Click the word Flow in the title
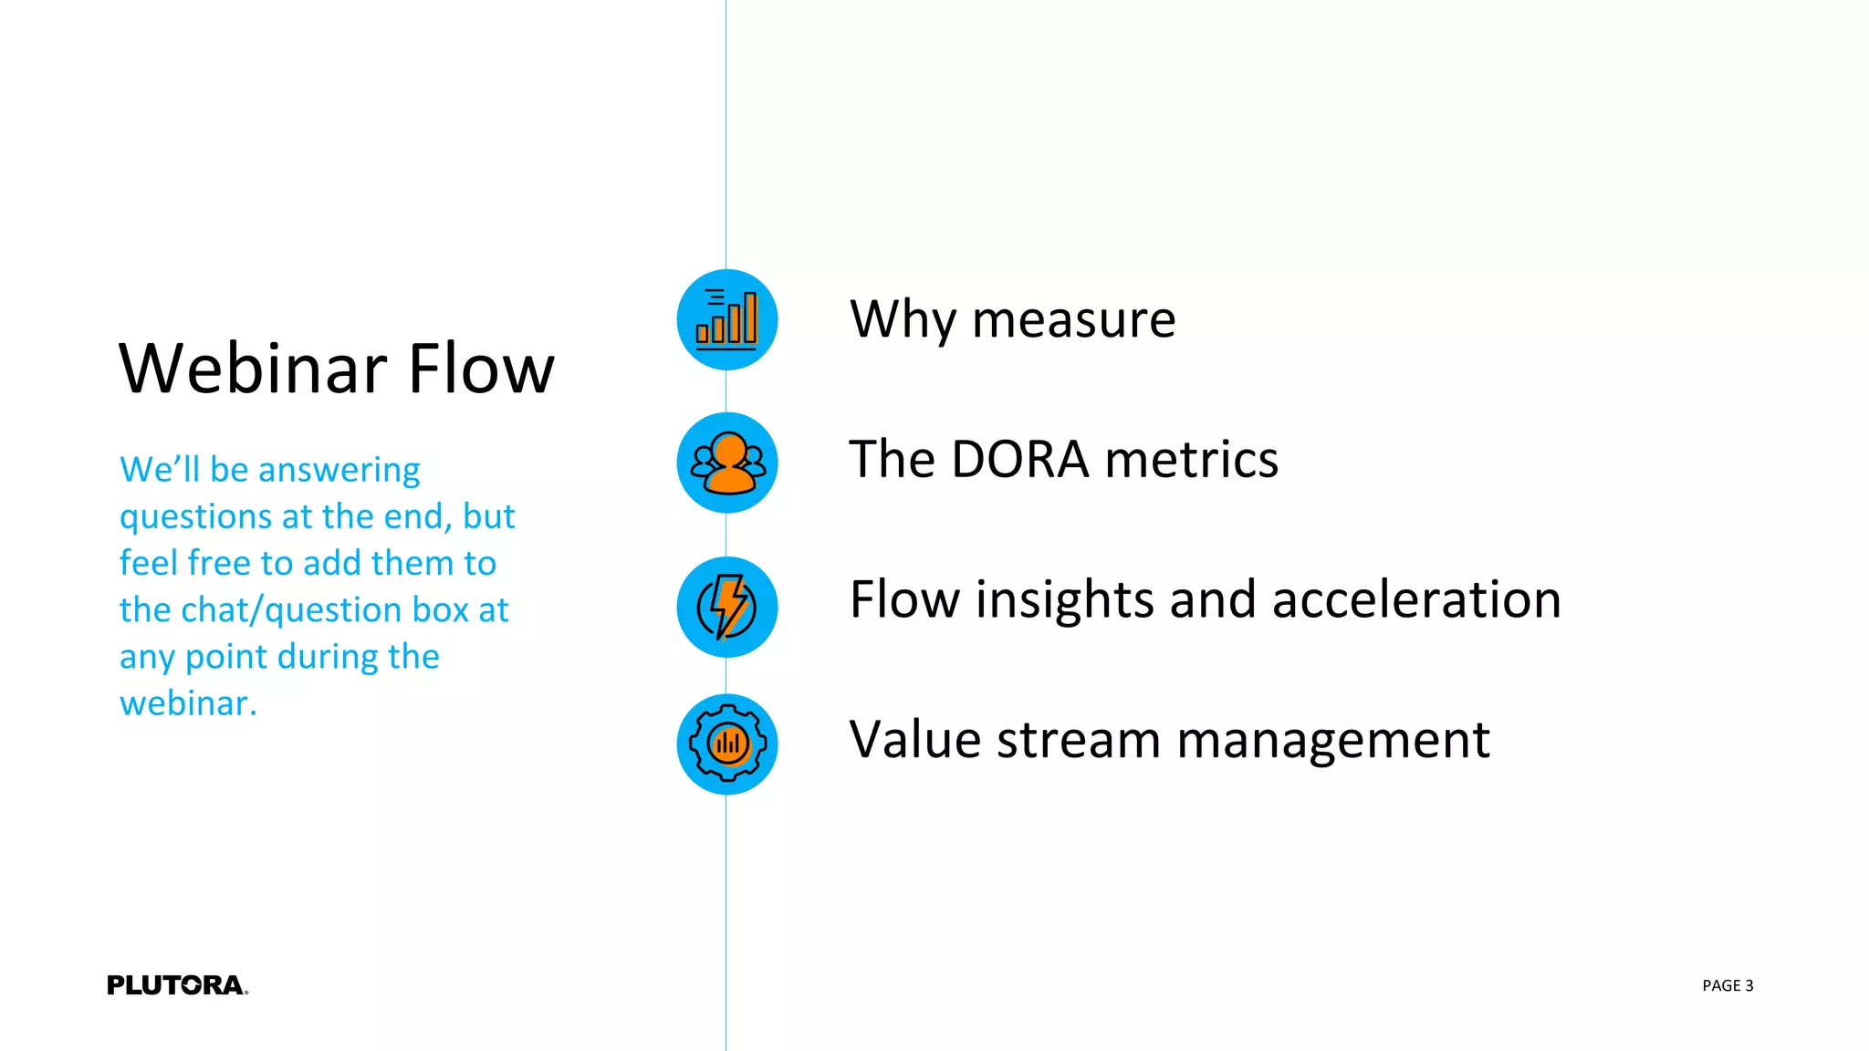tap(481, 369)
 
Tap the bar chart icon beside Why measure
tap(726, 319)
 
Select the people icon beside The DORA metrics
tap(726, 463)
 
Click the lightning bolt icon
tap(726, 607)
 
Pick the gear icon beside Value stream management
tap(726, 744)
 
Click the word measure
tap(1073, 321)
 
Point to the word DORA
tap(1019, 459)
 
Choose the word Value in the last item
tap(915, 739)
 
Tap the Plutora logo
tap(177, 985)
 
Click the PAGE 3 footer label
tap(1727, 985)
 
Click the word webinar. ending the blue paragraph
tap(188, 703)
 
